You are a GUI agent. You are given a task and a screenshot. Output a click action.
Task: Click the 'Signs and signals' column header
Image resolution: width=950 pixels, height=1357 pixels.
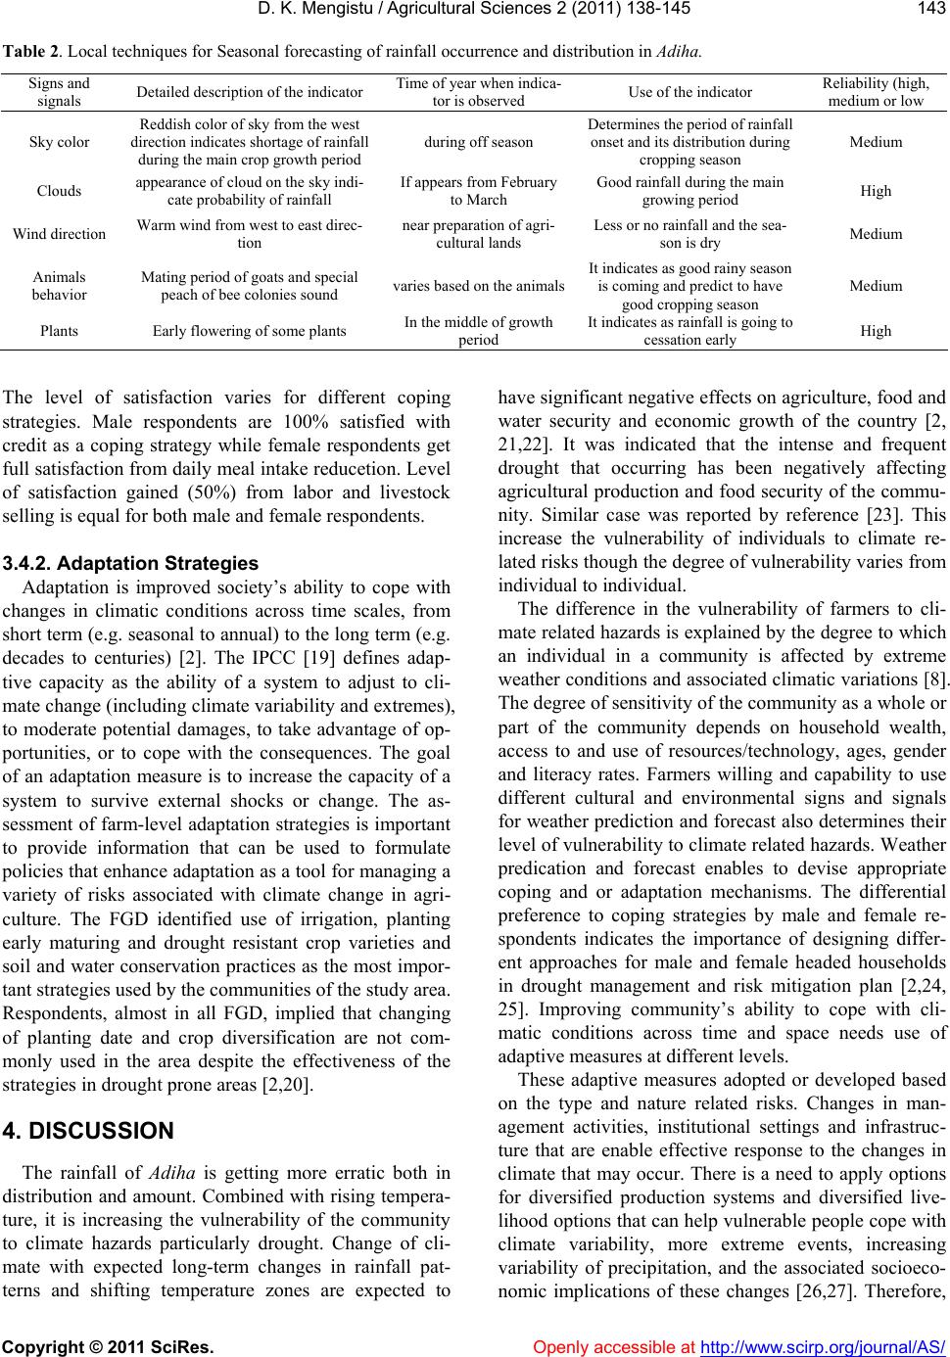[60, 92]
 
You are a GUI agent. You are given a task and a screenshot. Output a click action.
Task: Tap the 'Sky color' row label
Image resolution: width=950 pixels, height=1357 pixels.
[60, 142]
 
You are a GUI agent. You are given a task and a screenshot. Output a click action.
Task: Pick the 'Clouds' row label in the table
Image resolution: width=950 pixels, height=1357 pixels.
[60, 190]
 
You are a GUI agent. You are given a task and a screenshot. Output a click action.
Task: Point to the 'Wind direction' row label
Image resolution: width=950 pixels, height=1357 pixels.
[60, 234]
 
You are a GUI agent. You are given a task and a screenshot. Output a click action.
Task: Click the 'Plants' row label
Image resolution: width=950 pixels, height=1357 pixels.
[60, 330]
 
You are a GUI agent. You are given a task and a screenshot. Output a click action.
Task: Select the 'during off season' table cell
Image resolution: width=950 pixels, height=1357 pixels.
[479, 142]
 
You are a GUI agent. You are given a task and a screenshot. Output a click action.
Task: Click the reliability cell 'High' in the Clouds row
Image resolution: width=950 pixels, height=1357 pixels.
[876, 190]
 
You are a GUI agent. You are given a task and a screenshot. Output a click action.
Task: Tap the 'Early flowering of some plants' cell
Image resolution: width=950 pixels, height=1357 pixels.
[249, 330]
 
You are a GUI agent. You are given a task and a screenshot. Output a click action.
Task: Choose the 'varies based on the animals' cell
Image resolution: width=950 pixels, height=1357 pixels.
[479, 286]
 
